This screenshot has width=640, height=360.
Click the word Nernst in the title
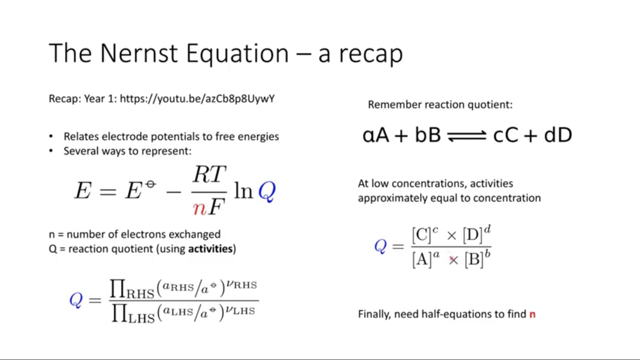click(x=138, y=53)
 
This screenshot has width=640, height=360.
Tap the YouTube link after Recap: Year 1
click(x=197, y=99)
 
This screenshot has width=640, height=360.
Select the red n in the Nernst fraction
click(x=199, y=209)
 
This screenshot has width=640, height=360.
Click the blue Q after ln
click(x=267, y=191)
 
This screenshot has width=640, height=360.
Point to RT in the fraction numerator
click(x=209, y=174)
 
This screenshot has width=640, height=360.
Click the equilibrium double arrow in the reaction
click(x=467, y=135)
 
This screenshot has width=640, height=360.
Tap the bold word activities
click(x=210, y=249)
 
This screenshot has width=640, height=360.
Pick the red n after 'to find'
click(x=532, y=314)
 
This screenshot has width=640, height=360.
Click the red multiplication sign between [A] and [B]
click(x=453, y=260)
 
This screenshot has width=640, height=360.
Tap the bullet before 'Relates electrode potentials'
click(x=51, y=136)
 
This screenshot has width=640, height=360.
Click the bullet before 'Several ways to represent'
click(x=51, y=151)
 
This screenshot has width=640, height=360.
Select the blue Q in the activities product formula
click(x=76, y=300)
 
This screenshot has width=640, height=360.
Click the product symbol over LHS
click(x=119, y=313)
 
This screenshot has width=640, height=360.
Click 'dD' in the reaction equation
click(x=558, y=135)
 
